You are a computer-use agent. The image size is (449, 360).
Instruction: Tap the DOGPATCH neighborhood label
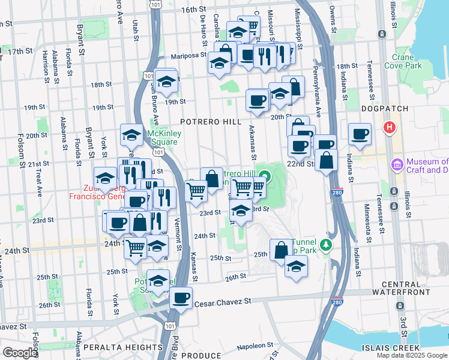pos(385,109)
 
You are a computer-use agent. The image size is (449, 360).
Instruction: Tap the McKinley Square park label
pos(163,137)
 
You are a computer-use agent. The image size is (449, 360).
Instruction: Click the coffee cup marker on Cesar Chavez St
pos(181,298)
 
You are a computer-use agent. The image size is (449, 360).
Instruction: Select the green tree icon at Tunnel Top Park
pos(326,245)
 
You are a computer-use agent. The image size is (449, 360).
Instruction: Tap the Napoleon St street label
pos(255,346)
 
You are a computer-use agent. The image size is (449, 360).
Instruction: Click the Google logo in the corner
pos(20,353)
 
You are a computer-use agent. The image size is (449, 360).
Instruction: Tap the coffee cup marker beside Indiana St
pos(360,134)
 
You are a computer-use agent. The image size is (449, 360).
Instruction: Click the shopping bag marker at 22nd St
pos(326,161)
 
